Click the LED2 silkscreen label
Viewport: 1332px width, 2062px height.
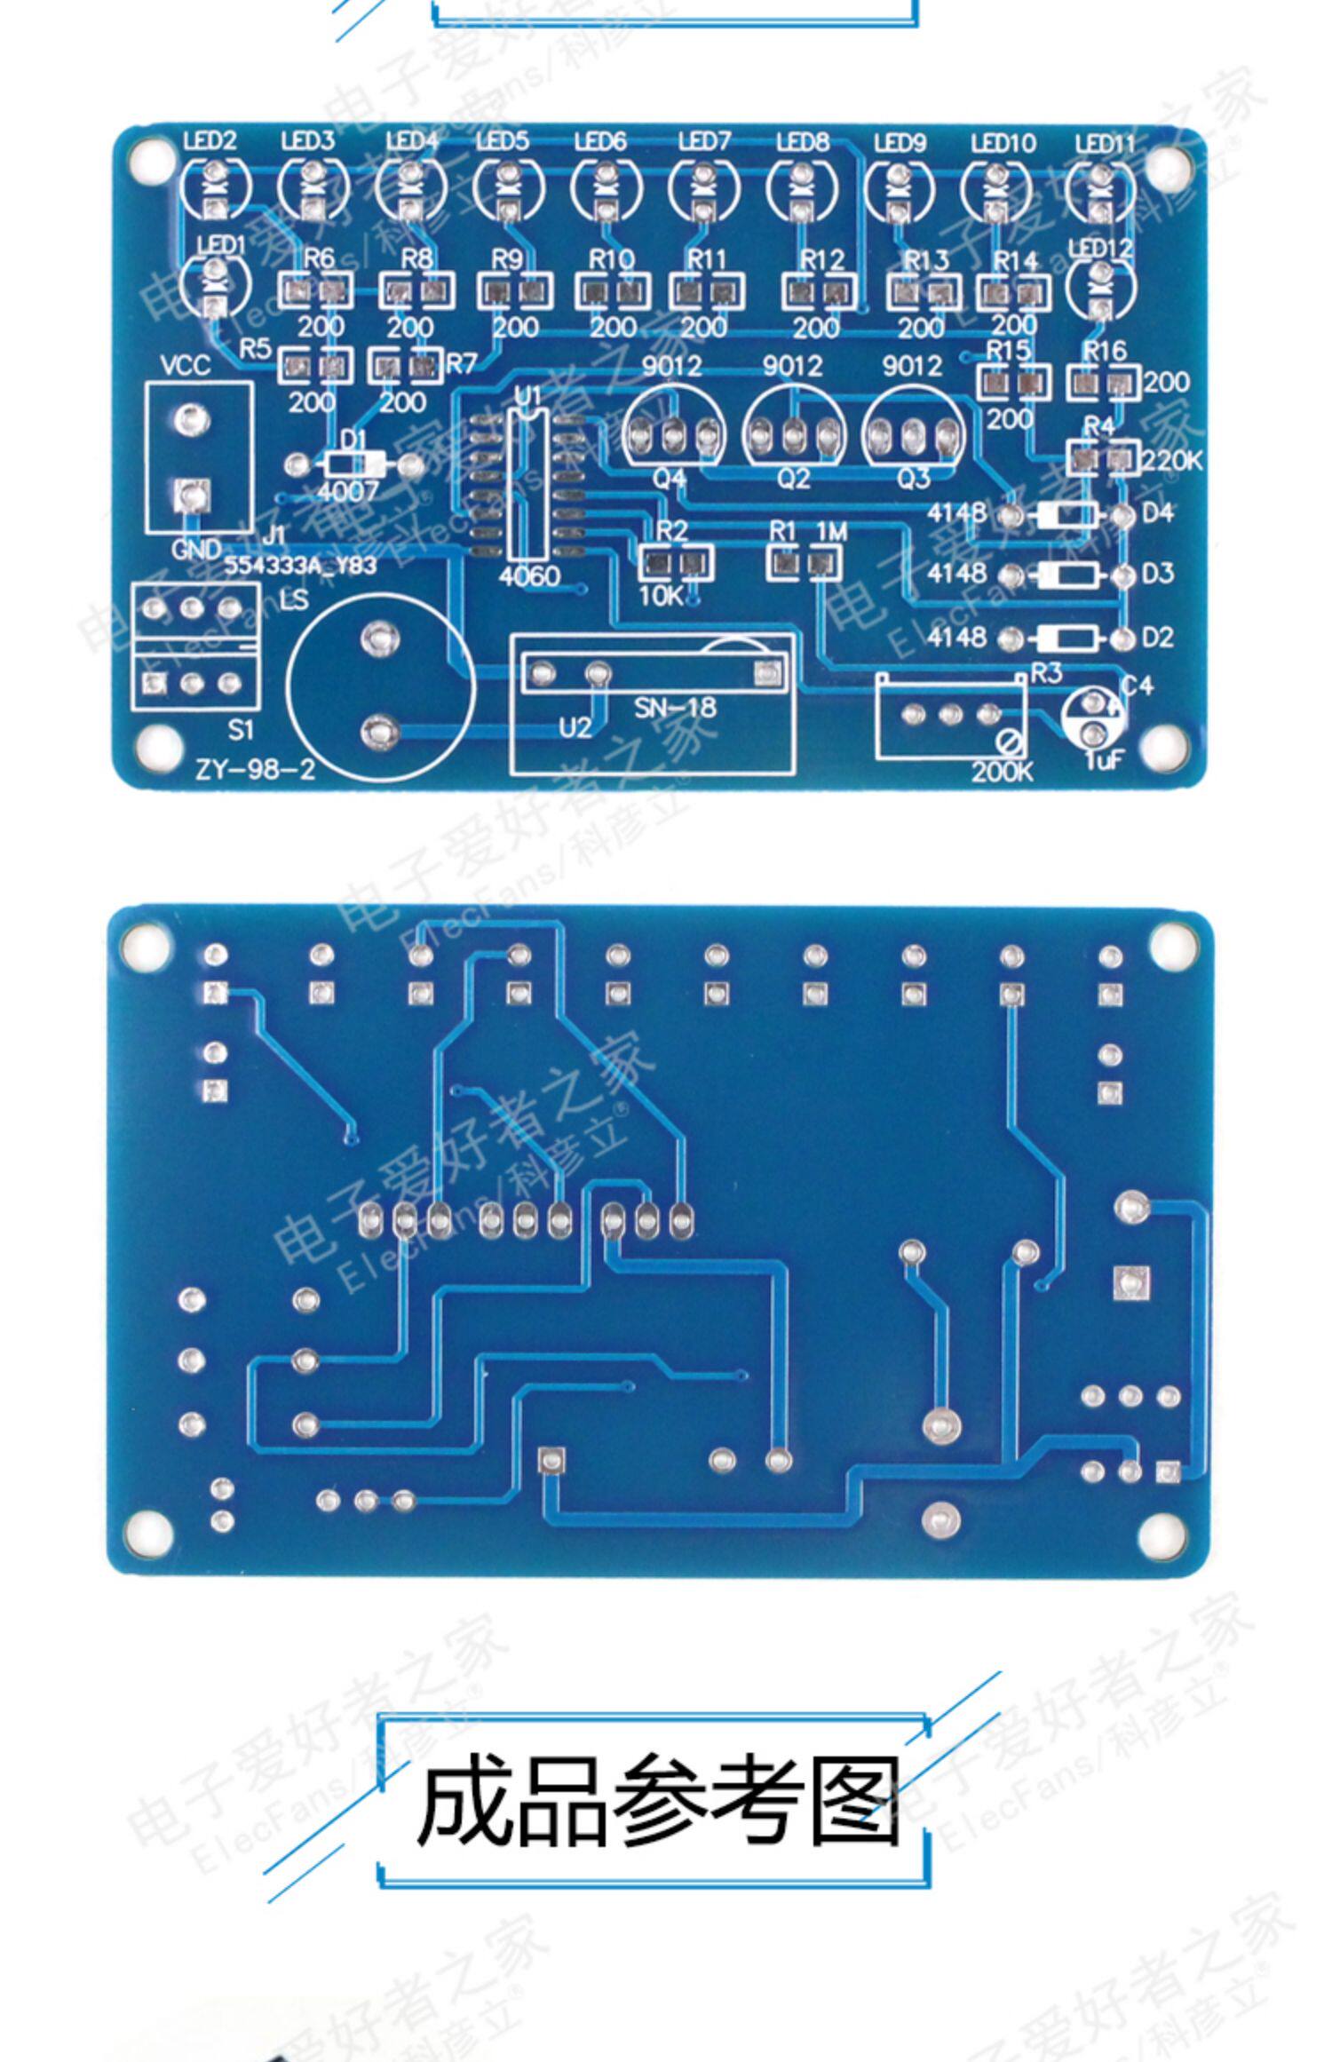pos(210,140)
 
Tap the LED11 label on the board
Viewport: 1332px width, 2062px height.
pos(1105,143)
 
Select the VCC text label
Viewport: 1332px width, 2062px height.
pos(186,366)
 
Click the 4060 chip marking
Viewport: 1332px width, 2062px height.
pos(529,576)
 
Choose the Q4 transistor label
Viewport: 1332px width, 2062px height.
pos(670,479)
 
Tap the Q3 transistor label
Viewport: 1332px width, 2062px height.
pos(914,479)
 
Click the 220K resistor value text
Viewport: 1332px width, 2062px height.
pos(1172,460)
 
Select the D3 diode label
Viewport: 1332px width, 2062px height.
pos(1157,574)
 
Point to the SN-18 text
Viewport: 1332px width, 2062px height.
pos(675,707)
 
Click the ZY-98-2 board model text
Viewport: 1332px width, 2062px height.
pos(256,769)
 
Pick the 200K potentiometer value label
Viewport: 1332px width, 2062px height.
pos(1002,771)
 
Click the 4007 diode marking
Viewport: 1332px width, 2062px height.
pos(347,491)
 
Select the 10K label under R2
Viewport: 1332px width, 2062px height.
pos(659,596)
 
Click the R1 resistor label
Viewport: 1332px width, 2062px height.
pos(782,531)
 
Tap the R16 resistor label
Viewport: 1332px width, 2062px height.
pos(1105,352)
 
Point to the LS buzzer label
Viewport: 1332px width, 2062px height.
pos(294,599)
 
